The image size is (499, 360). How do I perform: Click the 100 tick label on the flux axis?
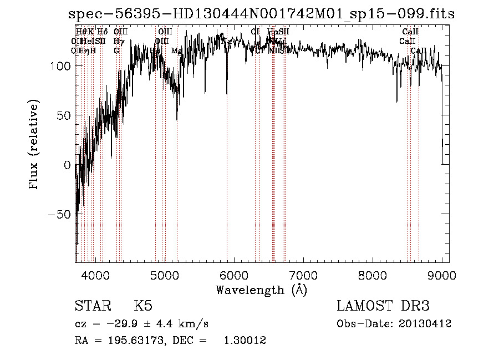58,66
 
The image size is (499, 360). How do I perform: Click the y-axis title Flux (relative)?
34,145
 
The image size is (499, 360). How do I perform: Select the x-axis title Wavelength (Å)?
261,290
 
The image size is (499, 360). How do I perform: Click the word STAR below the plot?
92,306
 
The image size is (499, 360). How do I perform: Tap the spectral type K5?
143,306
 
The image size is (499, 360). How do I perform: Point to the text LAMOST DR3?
383,306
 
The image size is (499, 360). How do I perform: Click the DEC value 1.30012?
244,341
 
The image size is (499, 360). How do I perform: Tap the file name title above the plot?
261,14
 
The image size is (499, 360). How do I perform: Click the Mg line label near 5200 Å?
176,50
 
